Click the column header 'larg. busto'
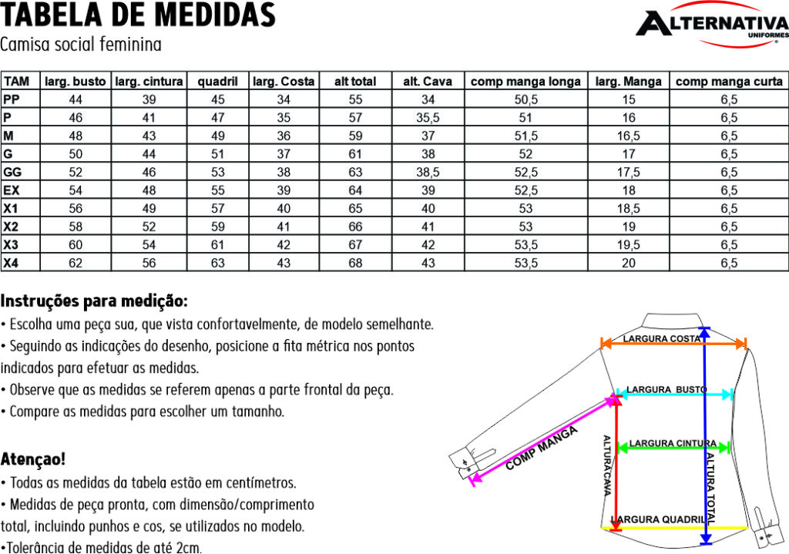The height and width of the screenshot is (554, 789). (76, 81)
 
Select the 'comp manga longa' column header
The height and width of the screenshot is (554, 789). (525, 81)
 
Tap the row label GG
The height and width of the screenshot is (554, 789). (12, 172)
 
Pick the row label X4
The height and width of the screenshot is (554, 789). (11, 263)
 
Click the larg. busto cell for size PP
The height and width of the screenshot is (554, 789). (76, 99)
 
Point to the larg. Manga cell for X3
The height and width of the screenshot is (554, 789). (629, 245)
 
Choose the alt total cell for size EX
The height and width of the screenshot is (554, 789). (355, 190)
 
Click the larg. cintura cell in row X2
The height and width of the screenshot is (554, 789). (149, 227)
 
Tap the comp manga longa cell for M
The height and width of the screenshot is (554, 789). (525, 136)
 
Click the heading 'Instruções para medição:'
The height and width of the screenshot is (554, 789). (94, 300)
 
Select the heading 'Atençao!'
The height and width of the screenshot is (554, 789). (33, 459)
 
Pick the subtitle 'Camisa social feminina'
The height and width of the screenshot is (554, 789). (81, 45)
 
